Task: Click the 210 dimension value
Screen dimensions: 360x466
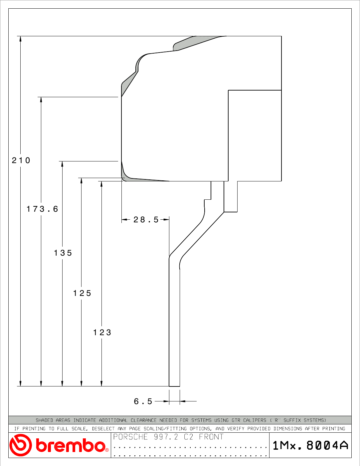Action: point(21,160)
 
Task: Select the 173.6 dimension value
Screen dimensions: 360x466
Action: point(42,209)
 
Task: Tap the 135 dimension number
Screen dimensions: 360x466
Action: point(63,253)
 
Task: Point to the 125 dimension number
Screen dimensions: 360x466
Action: point(82,293)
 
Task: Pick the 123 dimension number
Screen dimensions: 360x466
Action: point(102,333)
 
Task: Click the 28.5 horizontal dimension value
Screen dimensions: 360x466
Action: point(146,220)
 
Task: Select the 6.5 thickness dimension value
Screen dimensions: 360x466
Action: point(143,401)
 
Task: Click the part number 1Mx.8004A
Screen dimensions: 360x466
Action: point(310,445)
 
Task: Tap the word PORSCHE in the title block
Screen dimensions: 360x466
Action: point(130,437)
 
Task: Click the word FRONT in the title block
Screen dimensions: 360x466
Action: point(211,437)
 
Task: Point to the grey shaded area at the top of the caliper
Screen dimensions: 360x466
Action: point(197,43)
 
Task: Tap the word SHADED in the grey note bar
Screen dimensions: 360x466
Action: point(44,420)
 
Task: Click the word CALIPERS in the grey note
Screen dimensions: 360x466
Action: point(255,420)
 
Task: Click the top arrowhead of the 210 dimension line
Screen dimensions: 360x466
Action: point(21,38)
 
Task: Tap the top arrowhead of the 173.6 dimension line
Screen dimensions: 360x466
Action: point(41,100)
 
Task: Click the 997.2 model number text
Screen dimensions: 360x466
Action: point(166,437)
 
